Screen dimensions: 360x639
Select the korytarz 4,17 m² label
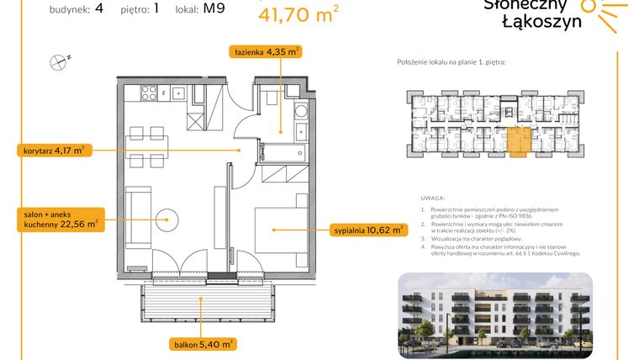(54, 151)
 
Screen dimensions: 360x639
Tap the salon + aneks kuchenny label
(60, 220)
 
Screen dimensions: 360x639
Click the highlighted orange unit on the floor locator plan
(517, 140)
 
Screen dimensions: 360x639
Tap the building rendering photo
(494, 310)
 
